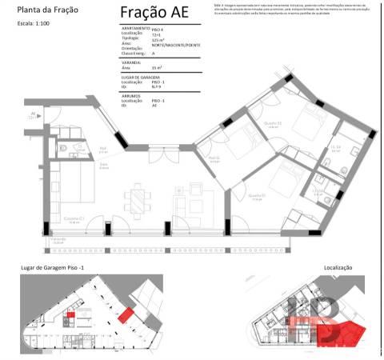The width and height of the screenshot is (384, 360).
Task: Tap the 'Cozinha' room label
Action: coord(74,218)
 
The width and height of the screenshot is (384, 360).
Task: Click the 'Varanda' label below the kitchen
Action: coord(58,238)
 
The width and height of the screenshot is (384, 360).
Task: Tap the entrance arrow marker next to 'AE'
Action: coord(40,114)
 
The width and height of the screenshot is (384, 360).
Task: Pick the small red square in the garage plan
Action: coord(70,315)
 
